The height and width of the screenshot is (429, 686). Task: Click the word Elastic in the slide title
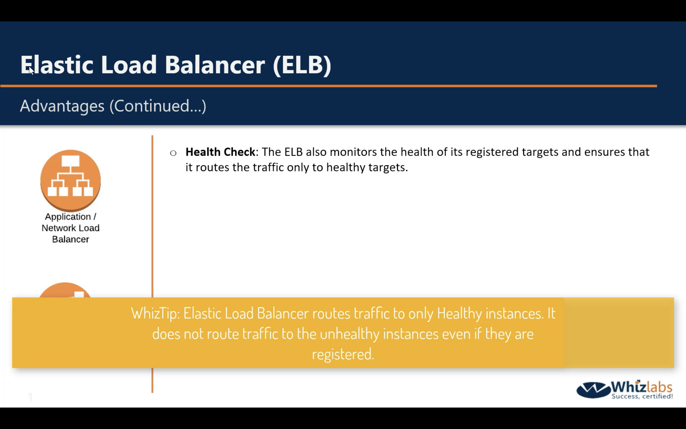pos(57,65)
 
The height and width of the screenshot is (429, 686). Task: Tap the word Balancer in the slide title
pos(215,65)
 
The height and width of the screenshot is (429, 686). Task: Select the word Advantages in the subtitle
pos(62,106)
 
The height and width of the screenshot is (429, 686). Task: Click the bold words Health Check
pos(220,152)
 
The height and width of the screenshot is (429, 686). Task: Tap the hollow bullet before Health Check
pos(173,153)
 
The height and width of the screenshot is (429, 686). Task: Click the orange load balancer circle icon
pos(71,180)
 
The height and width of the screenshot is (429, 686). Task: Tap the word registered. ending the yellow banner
pos(343,354)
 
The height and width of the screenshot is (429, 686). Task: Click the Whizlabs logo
pos(625,390)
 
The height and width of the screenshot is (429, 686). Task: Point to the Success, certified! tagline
pos(642,396)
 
